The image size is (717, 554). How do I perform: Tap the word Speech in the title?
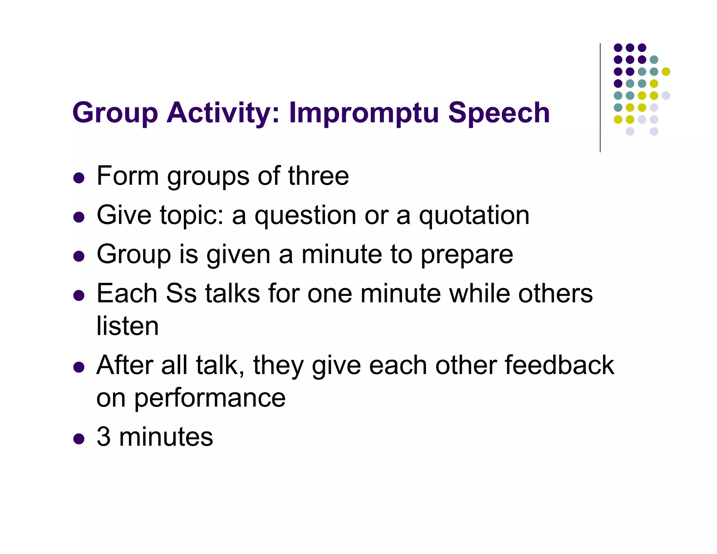[x=499, y=113]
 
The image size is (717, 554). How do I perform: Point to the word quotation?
[x=474, y=215]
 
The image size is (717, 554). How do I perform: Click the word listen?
[x=127, y=326]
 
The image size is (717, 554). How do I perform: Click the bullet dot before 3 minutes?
[x=79, y=439]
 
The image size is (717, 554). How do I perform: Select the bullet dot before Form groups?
[x=79, y=178]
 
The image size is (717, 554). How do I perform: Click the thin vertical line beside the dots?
[x=600, y=98]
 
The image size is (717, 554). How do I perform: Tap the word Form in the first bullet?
[x=127, y=176]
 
